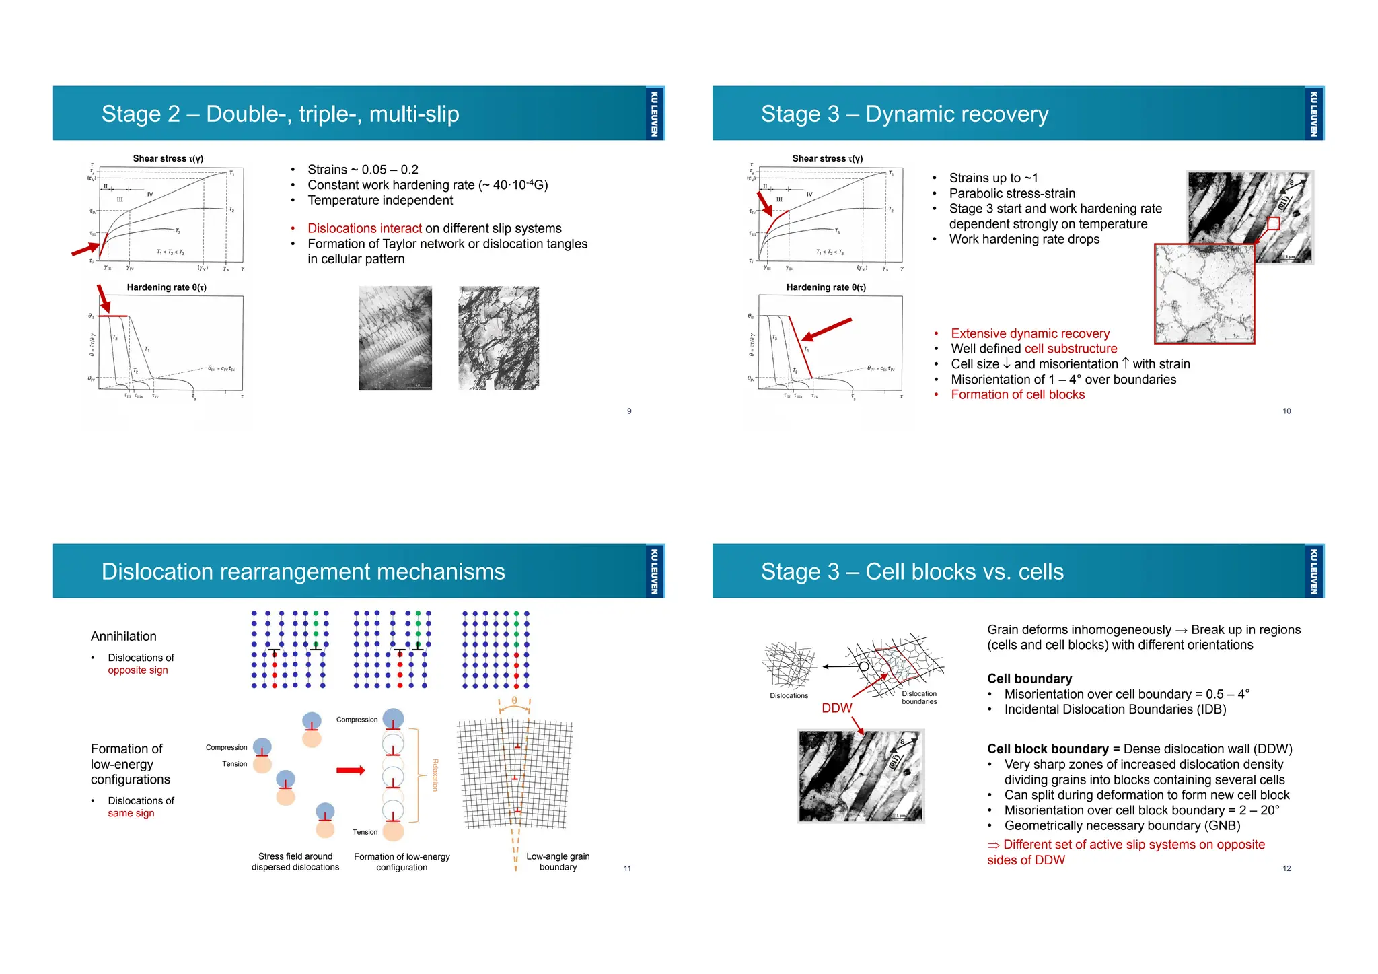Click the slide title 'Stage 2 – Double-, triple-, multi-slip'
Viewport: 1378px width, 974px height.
[x=280, y=114]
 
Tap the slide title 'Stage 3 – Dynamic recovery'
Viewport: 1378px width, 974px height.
[x=904, y=114]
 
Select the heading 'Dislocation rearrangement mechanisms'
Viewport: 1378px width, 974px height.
[x=303, y=571]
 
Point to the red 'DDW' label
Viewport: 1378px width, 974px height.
[x=836, y=708]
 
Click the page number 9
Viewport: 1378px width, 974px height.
[x=629, y=411]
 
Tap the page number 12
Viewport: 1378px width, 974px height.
[x=1286, y=868]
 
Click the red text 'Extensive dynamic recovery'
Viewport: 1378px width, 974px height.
[x=1030, y=333]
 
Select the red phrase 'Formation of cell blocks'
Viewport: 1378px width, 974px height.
[x=1017, y=394]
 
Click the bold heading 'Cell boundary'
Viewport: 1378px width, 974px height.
[x=1029, y=679]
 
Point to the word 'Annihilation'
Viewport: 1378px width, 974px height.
[x=124, y=636]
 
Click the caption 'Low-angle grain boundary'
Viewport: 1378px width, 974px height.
[x=558, y=862]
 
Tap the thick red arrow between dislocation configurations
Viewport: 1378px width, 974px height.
[x=351, y=771]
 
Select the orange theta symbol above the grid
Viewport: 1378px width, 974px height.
[x=515, y=701]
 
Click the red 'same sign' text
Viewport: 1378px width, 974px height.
[x=131, y=813]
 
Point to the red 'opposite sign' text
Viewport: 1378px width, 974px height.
[x=138, y=670]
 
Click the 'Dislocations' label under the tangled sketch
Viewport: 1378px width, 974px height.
[x=789, y=695]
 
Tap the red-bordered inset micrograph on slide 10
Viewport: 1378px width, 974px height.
[x=1204, y=293]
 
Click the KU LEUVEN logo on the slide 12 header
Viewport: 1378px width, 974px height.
[x=1313, y=571]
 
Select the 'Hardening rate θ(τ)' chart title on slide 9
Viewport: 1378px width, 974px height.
[x=167, y=287]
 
